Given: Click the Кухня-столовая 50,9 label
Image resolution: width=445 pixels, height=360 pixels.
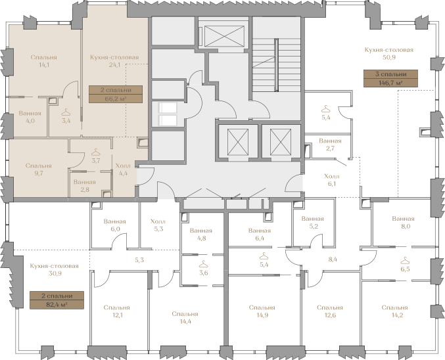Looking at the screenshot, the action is [389, 53].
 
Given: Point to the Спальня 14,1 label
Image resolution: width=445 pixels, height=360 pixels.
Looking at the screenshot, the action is [43, 61].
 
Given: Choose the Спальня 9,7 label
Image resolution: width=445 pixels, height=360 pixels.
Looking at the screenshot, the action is [39, 169].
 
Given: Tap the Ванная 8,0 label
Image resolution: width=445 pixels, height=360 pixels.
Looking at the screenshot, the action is [403, 223].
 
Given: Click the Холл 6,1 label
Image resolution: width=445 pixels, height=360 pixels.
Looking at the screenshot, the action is [332, 180].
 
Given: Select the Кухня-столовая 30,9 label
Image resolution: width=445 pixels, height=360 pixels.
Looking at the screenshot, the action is [54, 270].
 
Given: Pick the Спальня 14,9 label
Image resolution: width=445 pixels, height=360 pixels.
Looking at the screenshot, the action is [262, 311].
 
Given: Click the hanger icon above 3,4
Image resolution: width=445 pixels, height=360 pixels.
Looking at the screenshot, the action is [66, 112].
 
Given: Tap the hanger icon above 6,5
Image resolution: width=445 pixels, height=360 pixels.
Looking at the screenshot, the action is [405, 260].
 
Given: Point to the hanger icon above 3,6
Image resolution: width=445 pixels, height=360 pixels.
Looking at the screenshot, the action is [204, 264].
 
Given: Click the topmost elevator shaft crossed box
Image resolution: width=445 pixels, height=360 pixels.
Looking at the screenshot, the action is [225, 36].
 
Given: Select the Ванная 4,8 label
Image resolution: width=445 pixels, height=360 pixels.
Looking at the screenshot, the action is [201, 235].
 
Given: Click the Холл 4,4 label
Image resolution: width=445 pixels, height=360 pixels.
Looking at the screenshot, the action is [123, 169].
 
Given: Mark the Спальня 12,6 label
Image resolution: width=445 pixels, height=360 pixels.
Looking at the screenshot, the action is [330, 311].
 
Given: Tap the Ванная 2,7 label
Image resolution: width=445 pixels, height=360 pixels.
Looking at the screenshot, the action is [330, 145].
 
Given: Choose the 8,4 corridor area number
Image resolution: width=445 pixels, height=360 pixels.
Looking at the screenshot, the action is [333, 259].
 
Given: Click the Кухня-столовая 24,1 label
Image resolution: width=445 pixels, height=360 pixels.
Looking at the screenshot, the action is [114, 61].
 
